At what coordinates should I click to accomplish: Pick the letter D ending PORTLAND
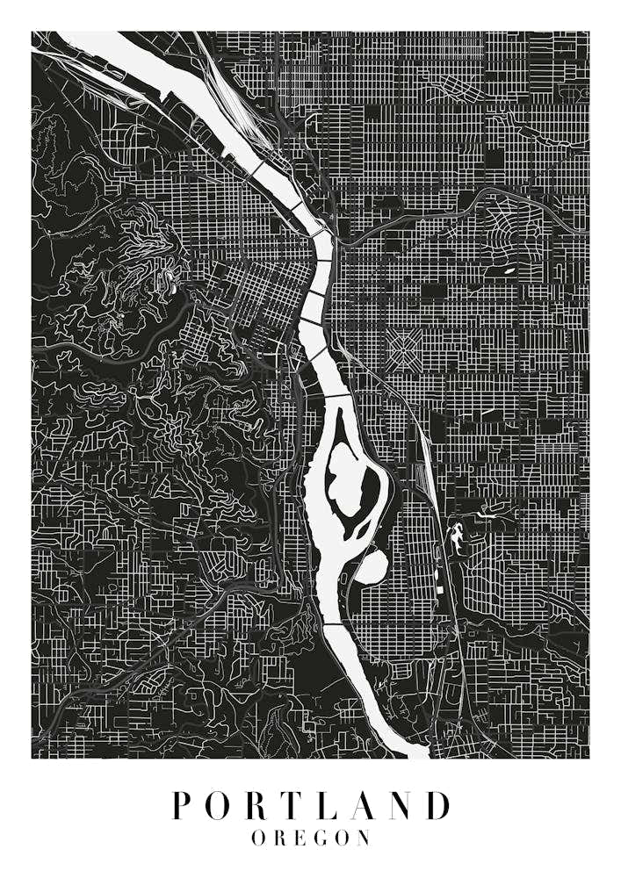pos(437,806)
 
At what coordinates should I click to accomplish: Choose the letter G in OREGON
pos(318,838)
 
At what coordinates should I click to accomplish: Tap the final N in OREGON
pos(364,838)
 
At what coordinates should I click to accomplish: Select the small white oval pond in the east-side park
pos(508,271)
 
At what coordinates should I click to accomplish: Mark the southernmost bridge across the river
pos(336,624)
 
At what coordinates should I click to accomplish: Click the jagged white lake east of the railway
pos(457,536)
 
